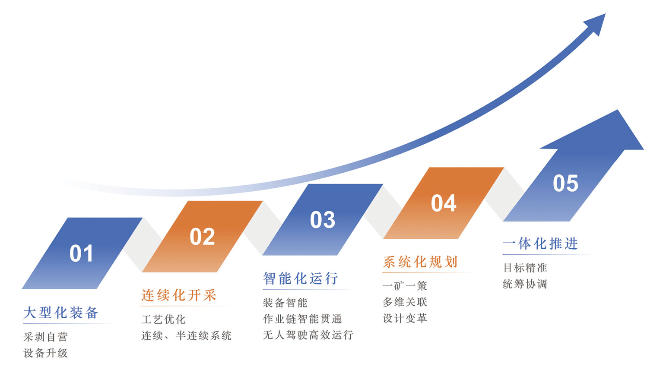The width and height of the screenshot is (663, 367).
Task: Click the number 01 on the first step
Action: (81, 253)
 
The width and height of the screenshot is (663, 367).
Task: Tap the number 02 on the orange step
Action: (202, 237)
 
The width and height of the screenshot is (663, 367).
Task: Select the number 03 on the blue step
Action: (323, 220)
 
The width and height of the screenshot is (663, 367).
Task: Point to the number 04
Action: (444, 203)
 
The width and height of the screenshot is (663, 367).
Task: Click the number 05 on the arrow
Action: (565, 183)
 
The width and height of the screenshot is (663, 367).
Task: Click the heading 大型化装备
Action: (60, 313)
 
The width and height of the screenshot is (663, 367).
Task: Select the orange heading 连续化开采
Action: (179, 295)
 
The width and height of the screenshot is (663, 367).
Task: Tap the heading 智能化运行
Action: (301, 278)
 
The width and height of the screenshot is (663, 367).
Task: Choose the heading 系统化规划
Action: (420, 262)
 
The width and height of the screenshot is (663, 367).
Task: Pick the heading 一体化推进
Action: (540, 244)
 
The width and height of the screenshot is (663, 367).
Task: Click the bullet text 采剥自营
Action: (46, 337)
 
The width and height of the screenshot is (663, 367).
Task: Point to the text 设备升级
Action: (46, 353)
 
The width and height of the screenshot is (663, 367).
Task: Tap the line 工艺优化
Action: (163, 320)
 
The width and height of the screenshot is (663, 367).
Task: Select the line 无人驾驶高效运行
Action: (308, 335)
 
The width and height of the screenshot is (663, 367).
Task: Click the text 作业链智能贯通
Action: (302, 319)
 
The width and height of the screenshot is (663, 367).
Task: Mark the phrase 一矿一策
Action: (405, 285)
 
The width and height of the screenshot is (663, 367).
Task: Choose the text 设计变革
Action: (405, 318)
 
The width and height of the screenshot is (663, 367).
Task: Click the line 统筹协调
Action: (525, 284)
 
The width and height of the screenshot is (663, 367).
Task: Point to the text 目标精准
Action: (525, 268)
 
